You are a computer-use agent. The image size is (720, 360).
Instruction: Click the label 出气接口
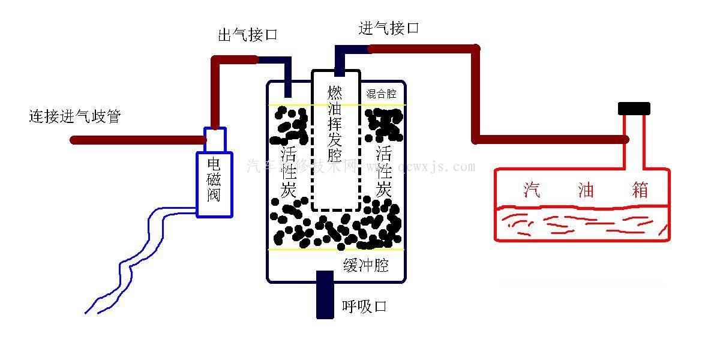(247, 35)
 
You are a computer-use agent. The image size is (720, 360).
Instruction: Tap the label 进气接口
(388, 28)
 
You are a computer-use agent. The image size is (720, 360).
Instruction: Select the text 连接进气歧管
(74, 116)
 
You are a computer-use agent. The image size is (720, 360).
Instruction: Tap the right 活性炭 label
(384, 171)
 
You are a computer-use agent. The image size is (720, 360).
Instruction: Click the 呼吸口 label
(364, 307)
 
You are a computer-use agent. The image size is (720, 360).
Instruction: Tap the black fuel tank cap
(634, 109)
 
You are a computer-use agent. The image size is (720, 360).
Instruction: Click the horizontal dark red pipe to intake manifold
(138, 140)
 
